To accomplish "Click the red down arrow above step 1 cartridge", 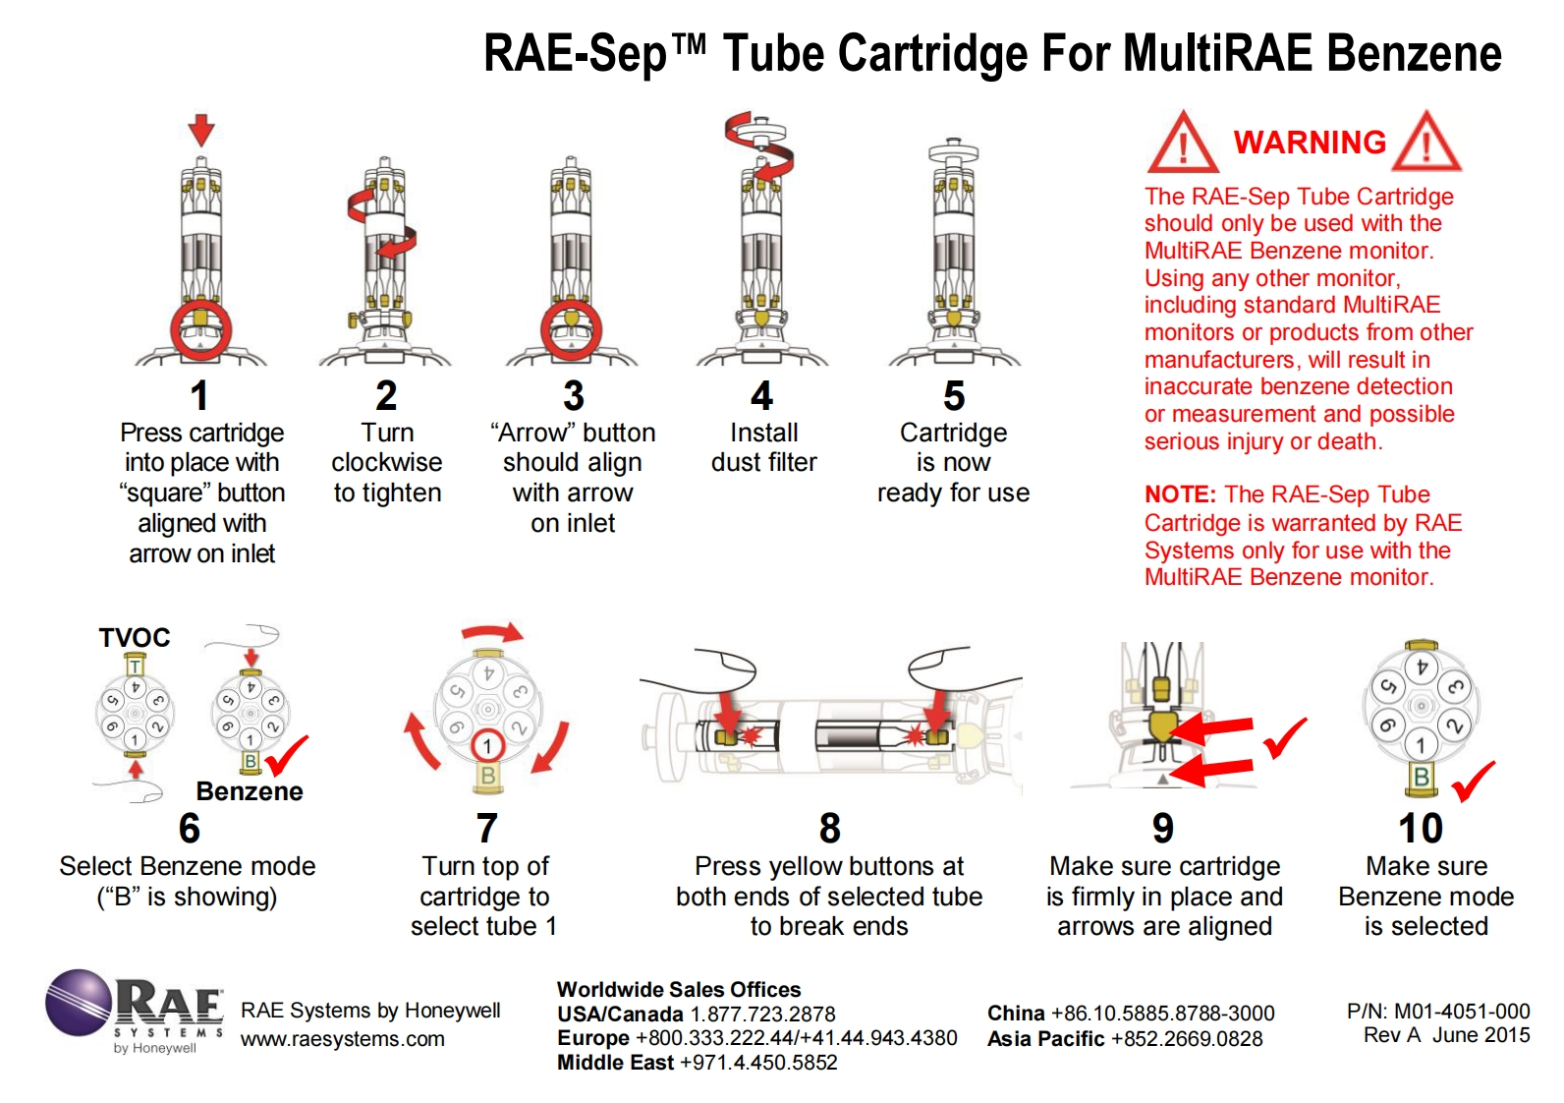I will tap(201, 129).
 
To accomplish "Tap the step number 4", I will tap(761, 396).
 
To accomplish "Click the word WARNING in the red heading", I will tap(1310, 143).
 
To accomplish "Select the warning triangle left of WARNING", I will tap(1183, 145).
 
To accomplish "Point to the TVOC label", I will tap(135, 638).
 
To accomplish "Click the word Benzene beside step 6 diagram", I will tap(250, 791).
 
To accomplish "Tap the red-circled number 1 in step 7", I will tap(487, 746).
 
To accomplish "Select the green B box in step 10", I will tap(1421, 778).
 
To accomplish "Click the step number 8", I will tap(830, 829).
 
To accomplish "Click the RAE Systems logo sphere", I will tap(79, 1002).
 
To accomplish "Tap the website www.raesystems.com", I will tap(343, 1039).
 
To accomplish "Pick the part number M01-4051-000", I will tap(1462, 1012).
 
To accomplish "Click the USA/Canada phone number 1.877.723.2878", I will tap(762, 1015).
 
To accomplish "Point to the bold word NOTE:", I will tap(1180, 494).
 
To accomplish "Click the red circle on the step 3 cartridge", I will tap(572, 329).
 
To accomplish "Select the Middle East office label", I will tap(615, 1063).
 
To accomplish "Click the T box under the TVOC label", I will tap(136, 668).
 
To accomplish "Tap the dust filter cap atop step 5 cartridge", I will tap(953, 150).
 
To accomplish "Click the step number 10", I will tap(1421, 829).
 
